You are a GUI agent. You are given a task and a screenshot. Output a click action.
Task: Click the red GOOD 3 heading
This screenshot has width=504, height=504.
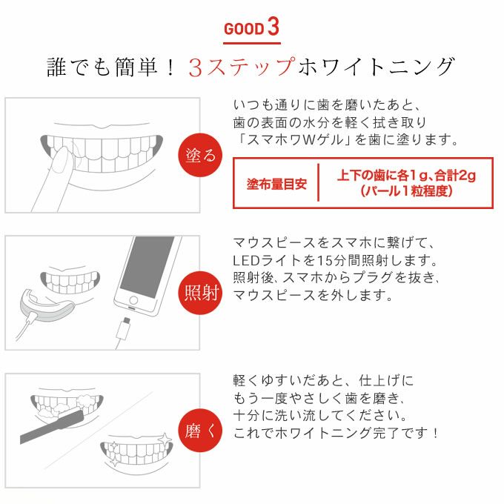(x=252, y=27)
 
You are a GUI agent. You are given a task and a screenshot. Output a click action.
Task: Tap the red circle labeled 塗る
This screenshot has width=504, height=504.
(x=200, y=155)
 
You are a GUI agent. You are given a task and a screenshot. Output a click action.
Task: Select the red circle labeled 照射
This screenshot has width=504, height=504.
(x=200, y=293)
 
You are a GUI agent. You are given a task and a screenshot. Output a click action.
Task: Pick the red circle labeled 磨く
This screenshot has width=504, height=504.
(x=200, y=431)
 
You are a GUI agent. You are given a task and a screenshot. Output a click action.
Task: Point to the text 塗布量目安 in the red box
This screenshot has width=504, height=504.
(x=276, y=184)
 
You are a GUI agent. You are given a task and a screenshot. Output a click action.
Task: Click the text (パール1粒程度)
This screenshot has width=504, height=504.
(x=406, y=191)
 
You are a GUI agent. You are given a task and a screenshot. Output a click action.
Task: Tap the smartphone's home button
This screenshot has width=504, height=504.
(x=133, y=300)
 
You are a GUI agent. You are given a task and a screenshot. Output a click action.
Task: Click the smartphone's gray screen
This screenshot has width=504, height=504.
(x=147, y=267)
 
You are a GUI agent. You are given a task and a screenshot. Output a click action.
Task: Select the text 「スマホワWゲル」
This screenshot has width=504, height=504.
(x=293, y=139)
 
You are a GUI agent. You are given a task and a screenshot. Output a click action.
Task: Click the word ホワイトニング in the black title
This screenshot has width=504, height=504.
(x=376, y=67)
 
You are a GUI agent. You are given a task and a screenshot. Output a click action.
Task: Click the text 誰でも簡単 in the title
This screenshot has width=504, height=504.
(x=102, y=67)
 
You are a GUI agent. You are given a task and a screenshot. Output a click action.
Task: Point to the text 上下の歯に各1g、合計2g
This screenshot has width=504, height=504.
(x=406, y=176)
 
